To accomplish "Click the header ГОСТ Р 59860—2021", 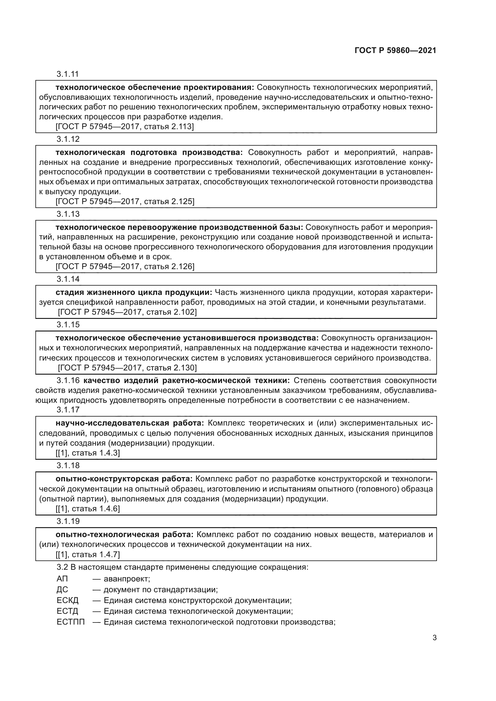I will (x=395, y=51).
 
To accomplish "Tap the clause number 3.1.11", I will (x=68, y=74).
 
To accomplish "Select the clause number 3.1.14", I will (x=68, y=279).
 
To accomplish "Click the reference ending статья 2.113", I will (x=125, y=126).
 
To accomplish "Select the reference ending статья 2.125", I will (x=125, y=201).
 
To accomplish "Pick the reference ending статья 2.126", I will (x=125, y=266).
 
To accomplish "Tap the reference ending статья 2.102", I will (x=127, y=312).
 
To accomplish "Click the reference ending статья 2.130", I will (x=127, y=368).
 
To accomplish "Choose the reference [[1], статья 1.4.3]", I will (x=88, y=453).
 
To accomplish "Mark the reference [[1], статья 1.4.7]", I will (x=88, y=554).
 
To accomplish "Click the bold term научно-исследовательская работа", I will (x=130, y=423).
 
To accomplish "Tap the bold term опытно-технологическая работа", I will (x=124, y=534).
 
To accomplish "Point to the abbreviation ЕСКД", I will (x=67, y=600).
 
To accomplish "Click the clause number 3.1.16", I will (x=68, y=380).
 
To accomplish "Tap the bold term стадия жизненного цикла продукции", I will (x=133, y=292).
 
